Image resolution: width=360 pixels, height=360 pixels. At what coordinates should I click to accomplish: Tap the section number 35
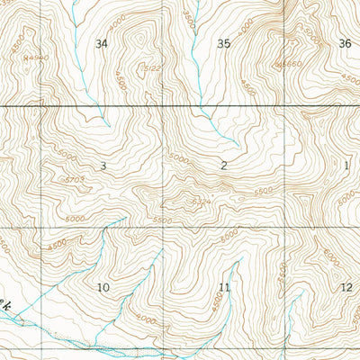click(x=223, y=43)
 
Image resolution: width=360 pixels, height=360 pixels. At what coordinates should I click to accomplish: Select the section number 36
click(x=345, y=43)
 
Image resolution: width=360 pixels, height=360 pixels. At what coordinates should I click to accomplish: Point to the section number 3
click(x=103, y=166)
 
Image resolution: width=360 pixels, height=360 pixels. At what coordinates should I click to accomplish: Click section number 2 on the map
click(x=223, y=166)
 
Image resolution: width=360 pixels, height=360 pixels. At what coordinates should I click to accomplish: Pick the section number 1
click(x=346, y=166)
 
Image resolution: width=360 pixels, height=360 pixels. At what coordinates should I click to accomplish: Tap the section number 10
click(x=103, y=287)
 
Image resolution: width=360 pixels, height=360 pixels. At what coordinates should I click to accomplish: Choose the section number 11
click(x=224, y=287)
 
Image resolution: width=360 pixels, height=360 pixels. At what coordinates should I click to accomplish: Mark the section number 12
click(x=346, y=287)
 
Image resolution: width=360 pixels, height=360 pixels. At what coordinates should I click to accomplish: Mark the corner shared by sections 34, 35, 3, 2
click(x=163, y=106)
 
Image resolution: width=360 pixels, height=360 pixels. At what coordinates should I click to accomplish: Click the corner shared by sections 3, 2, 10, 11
click(x=163, y=227)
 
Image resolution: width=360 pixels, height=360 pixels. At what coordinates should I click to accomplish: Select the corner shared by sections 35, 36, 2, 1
click(x=284, y=106)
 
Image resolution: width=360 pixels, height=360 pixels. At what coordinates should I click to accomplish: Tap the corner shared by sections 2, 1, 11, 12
click(x=285, y=227)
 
